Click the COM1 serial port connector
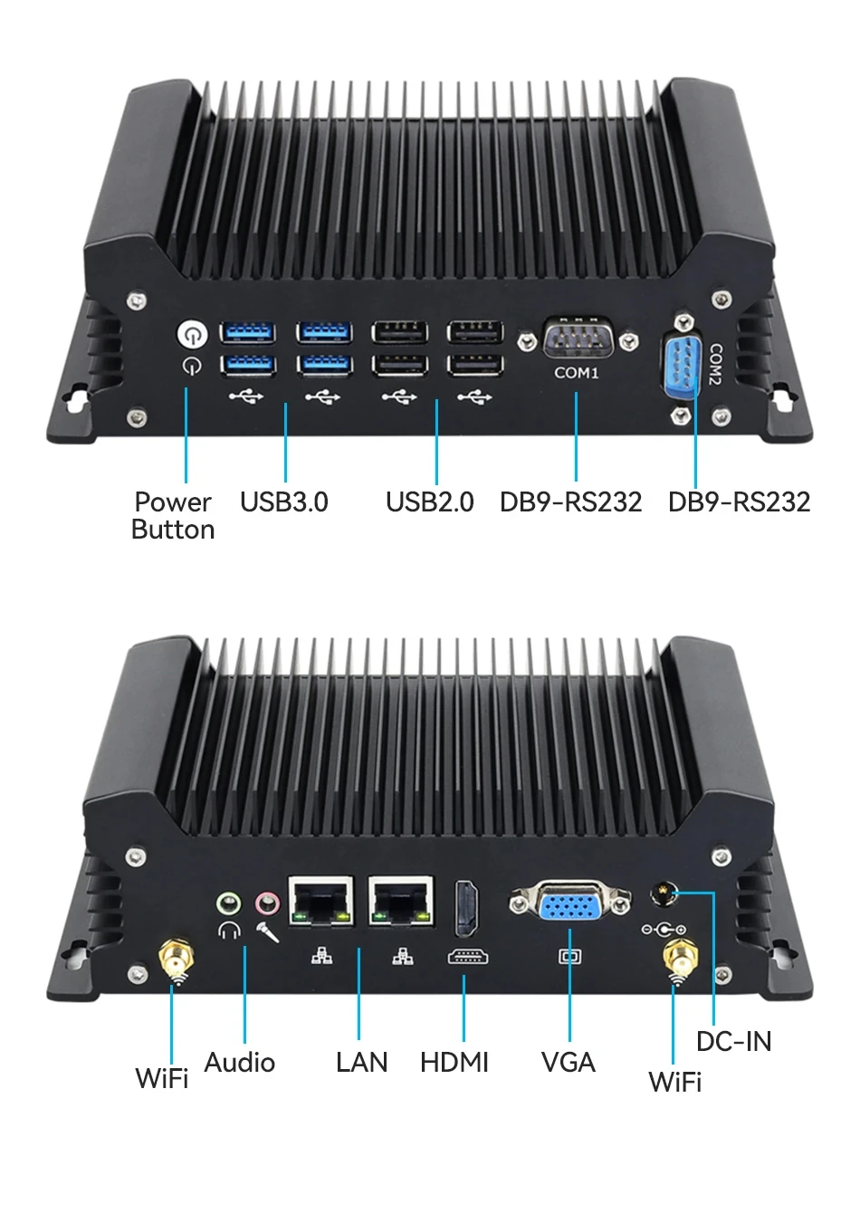coord(578,339)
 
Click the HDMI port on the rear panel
coord(466,908)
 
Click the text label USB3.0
coord(283,501)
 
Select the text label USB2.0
coord(429,501)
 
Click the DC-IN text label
coord(733,1041)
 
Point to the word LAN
coord(361,1062)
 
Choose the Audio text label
coord(239,1062)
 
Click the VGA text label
coord(568,1062)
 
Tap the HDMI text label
coord(454,1062)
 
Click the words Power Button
coord(173,515)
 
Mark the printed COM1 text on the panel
coord(576,373)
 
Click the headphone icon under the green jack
coord(229,931)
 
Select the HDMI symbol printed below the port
coord(468,957)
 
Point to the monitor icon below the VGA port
coord(570,957)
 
